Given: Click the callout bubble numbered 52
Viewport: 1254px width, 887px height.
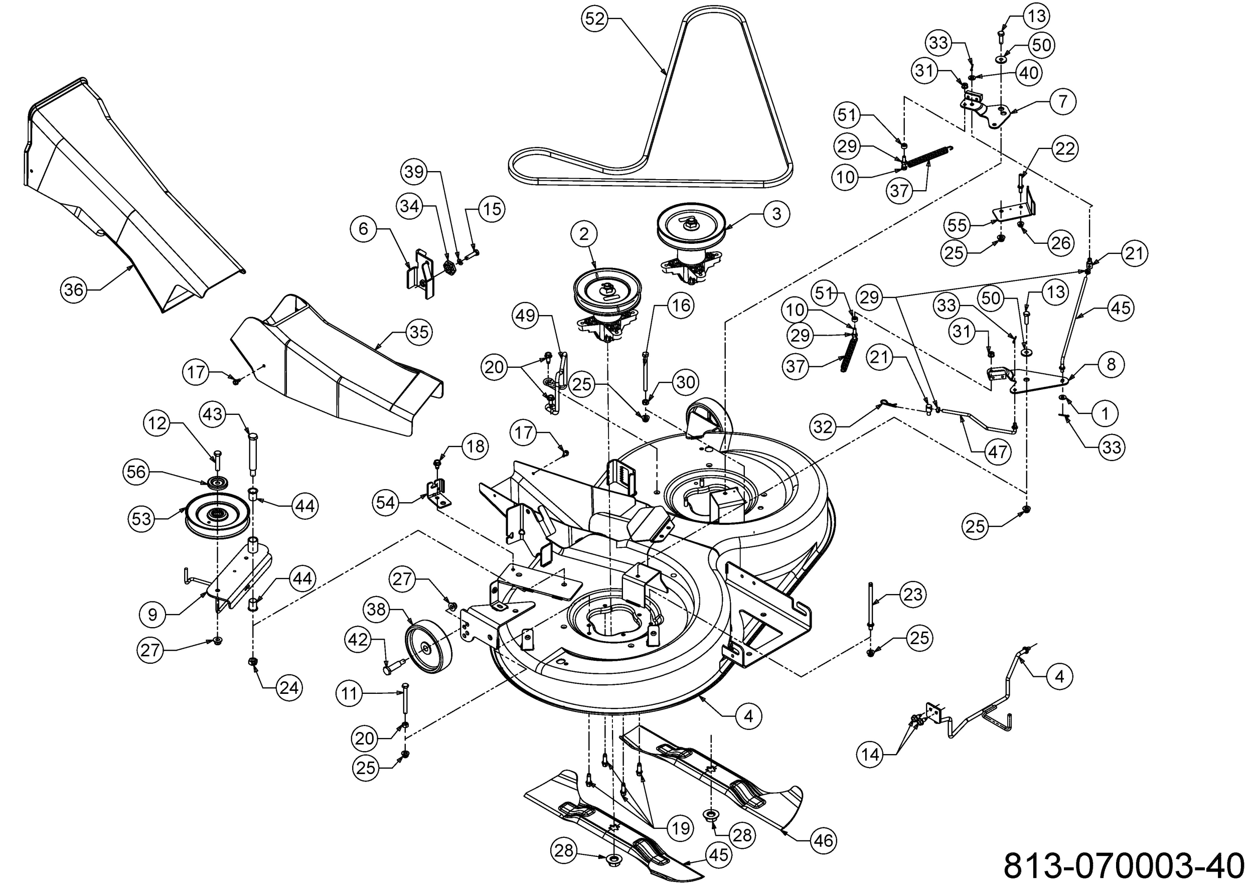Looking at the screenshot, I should [x=595, y=19].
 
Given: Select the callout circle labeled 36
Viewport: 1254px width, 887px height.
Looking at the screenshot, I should [x=74, y=289].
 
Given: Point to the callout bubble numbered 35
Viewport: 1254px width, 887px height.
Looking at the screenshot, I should [x=419, y=332].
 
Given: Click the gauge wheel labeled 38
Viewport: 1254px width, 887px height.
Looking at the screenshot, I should [x=429, y=647].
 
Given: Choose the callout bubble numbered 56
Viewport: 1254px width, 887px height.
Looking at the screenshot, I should [x=136, y=472].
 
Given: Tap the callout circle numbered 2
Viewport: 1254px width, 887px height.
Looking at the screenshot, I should [x=584, y=234].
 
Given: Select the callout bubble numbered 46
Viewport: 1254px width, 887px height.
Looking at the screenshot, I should [x=823, y=840].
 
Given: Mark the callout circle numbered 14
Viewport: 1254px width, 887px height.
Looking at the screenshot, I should [x=870, y=754].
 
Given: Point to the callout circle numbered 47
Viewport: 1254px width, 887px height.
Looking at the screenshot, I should [x=997, y=452].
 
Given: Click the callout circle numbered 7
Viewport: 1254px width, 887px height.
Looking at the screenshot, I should [x=1063, y=101].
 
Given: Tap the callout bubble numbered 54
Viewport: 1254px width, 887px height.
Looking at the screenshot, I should [x=386, y=503].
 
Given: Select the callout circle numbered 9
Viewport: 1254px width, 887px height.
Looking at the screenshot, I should [x=152, y=615].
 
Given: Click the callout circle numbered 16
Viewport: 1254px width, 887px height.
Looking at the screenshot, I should [x=681, y=306].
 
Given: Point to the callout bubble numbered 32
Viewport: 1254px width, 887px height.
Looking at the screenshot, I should [x=823, y=426].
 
